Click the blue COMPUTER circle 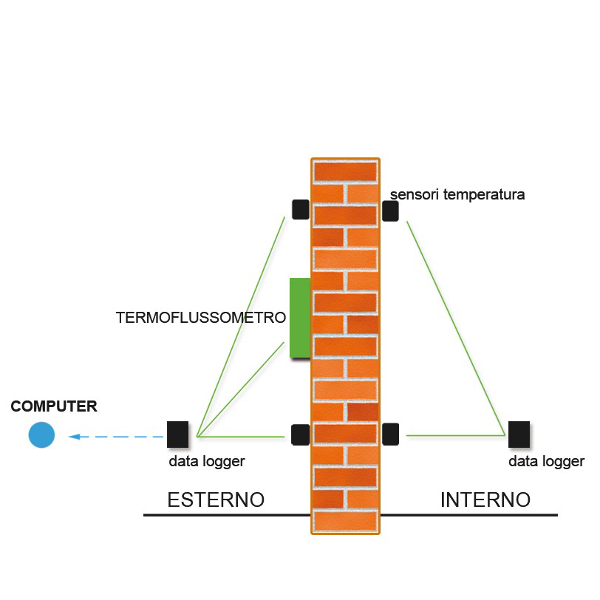pos(41,434)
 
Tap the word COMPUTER pos(54,406)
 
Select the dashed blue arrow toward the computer pos(115,437)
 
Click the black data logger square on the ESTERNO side pos(178,434)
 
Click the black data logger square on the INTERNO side pos(519,434)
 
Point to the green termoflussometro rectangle pos(299,318)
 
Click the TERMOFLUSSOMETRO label pos(201,318)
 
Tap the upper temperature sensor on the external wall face pos(300,209)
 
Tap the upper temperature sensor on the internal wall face pos(390,211)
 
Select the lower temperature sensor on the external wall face pos(300,434)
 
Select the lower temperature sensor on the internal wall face pos(391,434)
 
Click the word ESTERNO pos(216,500)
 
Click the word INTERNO pos(485,500)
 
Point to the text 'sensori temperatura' pos(457,195)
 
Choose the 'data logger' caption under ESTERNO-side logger pos(206,461)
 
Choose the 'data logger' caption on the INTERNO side pos(546,462)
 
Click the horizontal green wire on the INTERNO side pos(455,435)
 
